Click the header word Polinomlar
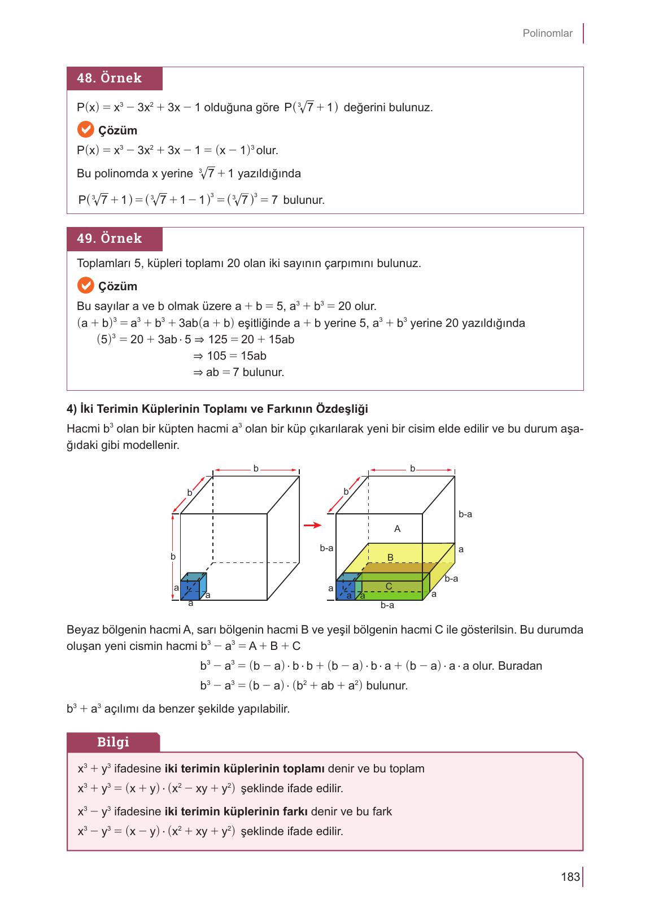pos(547,33)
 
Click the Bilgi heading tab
pos(113,742)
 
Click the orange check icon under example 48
pos(85,130)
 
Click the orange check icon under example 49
pos(85,286)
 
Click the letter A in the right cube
pos(397,529)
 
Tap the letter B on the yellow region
pos(390,557)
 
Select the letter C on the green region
pos(389,587)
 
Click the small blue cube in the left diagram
pos(192,587)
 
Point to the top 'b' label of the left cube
pos(256,469)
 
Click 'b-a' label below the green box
pos(387,605)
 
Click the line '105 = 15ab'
pos(230,356)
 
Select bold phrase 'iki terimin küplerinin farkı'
pos(235,812)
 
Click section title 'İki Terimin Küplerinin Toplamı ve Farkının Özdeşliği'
pos(217,408)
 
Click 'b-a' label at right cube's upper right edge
pos(465,514)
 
